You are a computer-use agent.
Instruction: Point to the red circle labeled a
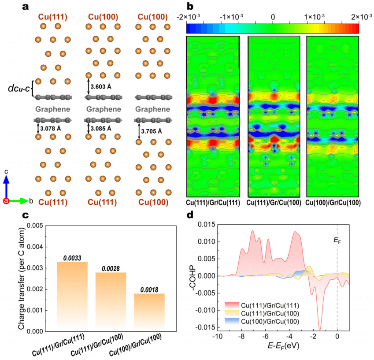point(6,201)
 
